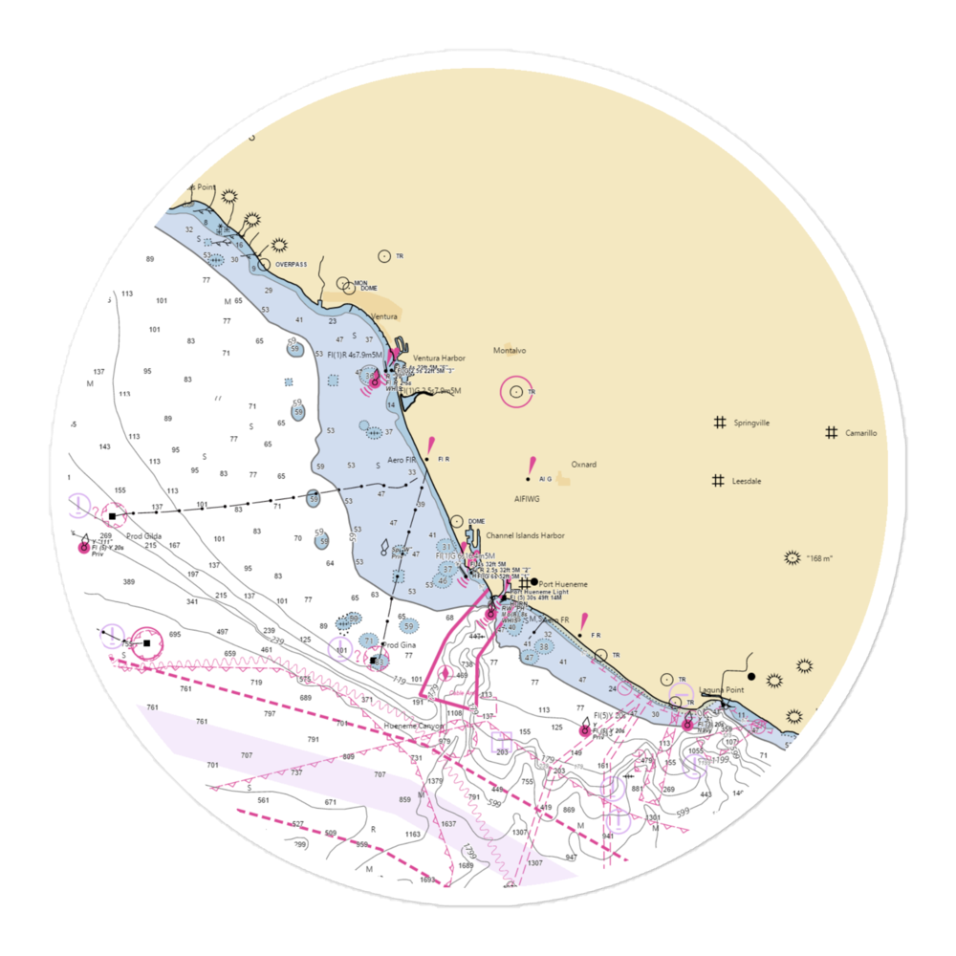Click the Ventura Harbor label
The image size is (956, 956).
(439, 358)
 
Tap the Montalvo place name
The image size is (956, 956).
(510, 351)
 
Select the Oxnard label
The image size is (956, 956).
(583, 465)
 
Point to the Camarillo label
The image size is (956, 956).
(860, 433)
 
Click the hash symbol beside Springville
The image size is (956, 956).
(718, 422)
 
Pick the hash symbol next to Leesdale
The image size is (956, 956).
(718, 481)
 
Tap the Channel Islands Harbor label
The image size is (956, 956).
(524, 536)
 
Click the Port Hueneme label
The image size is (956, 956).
(563, 584)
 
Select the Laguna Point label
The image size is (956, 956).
(721, 689)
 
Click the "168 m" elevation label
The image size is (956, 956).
(821, 558)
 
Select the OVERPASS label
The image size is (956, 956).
(291, 264)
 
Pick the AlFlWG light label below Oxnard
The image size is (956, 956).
(527, 498)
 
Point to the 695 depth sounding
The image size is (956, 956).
(174, 635)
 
